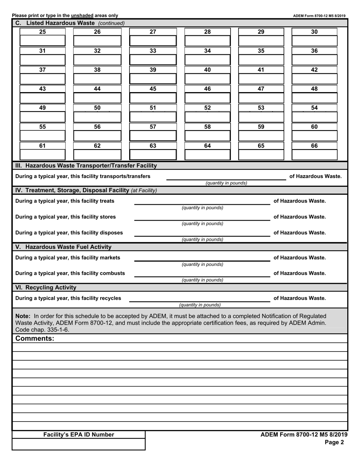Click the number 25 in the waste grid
click(x=42, y=32)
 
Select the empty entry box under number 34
click(x=207, y=60)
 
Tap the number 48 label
click(x=314, y=89)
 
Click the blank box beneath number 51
click(x=153, y=117)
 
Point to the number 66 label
click(x=314, y=146)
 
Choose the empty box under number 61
click(x=42, y=154)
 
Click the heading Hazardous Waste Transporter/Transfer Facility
click(x=86, y=166)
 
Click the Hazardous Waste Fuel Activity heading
click(x=63, y=247)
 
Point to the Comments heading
click(x=35, y=338)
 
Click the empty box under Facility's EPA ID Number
click(x=78, y=444)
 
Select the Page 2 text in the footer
click(x=334, y=442)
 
